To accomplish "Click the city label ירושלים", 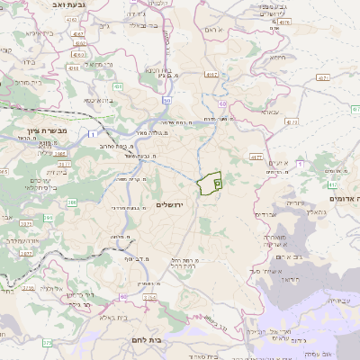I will coord(169,205).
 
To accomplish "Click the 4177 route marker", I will coord(256,157).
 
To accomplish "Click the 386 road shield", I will coord(71,202).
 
